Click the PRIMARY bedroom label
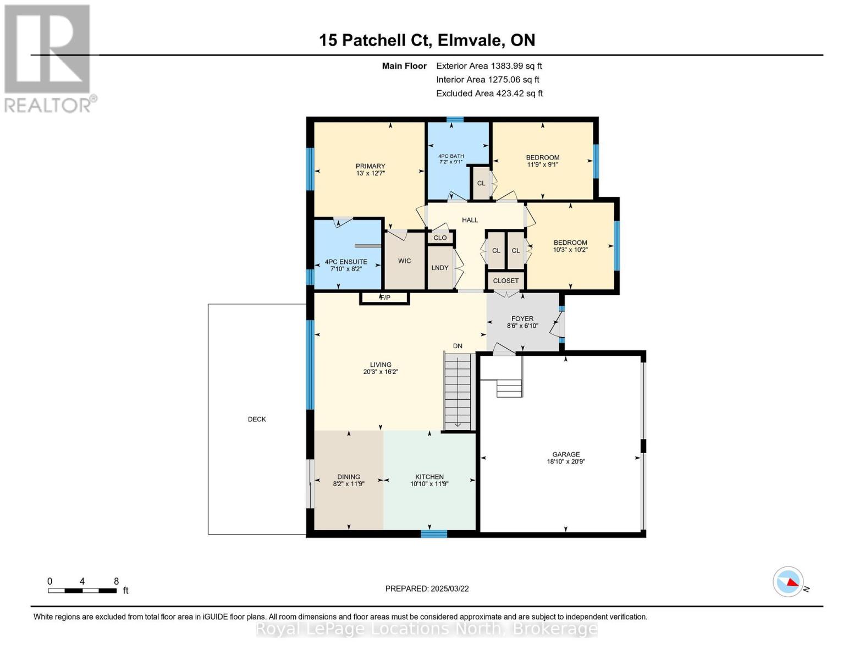tap(370, 166)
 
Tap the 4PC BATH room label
tap(451, 156)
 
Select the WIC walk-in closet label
tap(404, 261)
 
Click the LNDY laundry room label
tap(440, 268)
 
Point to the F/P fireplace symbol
tap(384, 298)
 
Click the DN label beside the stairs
tap(458, 346)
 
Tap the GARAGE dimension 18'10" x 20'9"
tap(566, 462)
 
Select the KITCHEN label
tap(429, 477)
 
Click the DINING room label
tap(349, 477)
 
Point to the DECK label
tap(257, 419)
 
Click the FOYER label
tap(522, 318)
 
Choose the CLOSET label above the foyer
tap(505, 280)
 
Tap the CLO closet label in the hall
tap(440, 238)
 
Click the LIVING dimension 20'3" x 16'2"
tap(381, 372)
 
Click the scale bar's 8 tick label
tap(116, 581)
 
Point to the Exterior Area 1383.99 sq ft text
tap(489, 66)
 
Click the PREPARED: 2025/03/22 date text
tap(427, 588)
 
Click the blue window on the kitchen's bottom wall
tap(434, 533)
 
